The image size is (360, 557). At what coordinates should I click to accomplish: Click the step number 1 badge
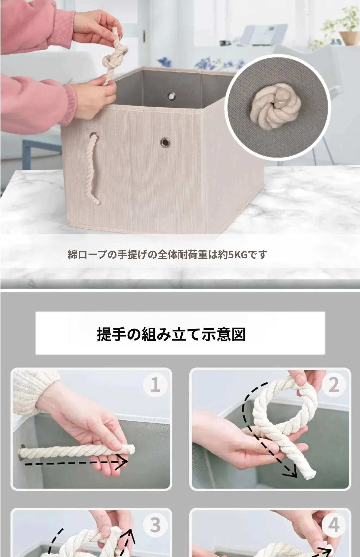(155, 385)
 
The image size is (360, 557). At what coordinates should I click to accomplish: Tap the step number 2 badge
(334, 385)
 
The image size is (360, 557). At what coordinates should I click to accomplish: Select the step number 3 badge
(155, 525)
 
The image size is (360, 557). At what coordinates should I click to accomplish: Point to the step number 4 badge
(334, 525)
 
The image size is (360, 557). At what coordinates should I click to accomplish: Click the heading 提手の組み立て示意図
(171, 334)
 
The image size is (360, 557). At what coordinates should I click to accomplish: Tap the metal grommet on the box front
(165, 142)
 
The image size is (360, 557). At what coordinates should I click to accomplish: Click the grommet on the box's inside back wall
(171, 96)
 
